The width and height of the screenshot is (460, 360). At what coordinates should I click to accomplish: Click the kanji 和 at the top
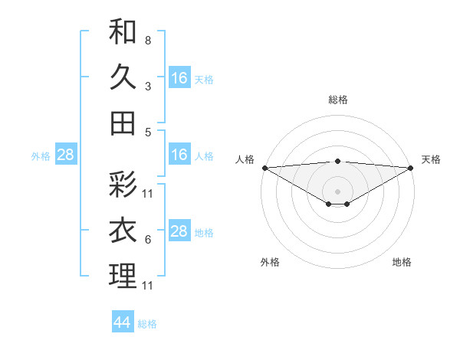tap(123, 32)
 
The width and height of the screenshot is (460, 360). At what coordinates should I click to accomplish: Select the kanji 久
tap(123, 77)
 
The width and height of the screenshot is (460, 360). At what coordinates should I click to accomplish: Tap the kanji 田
tap(123, 123)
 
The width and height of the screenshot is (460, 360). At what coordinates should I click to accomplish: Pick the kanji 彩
tap(123, 185)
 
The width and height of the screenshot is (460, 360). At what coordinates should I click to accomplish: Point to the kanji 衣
tap(123, 231)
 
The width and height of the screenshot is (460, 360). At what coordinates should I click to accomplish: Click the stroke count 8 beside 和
tap(147, 40)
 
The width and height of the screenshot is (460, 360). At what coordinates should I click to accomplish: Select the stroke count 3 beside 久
tap(147, 86)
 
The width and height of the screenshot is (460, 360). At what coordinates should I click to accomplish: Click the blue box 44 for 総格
tap(123, 322)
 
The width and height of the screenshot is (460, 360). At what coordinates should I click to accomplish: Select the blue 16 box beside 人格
tap(179, 155)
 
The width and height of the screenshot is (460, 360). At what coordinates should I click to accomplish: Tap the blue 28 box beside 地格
tap(179, 231)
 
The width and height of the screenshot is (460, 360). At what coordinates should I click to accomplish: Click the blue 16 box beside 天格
tap(179, 78)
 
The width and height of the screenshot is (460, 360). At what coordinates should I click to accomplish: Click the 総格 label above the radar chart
tap(337, 100)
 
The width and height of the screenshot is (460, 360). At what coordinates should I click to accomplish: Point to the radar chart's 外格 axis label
tap(270, 262)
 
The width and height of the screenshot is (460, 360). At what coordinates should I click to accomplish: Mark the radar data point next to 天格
tap(411, 168)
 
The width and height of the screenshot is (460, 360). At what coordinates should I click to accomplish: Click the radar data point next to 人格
tap(264, 168)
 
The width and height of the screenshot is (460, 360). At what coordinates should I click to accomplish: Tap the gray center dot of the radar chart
tap(337, 190)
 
